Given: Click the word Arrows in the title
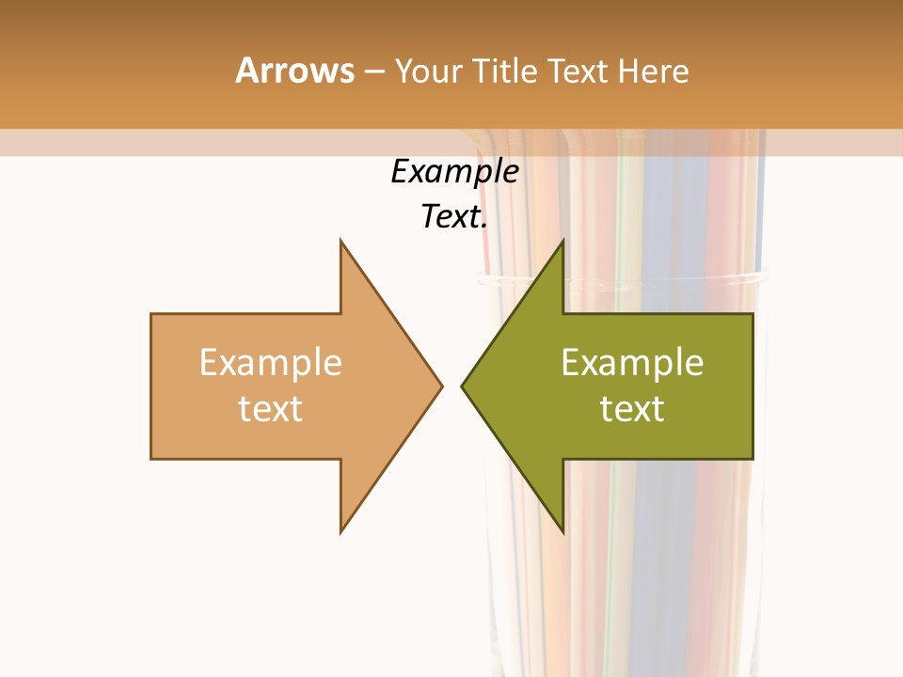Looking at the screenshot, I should click(x=294, y=71).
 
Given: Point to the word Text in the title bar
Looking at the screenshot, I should click(x=579, y=71).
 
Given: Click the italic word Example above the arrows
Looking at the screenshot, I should click(x=454, y=172).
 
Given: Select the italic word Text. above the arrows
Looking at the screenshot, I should click(x=454, y=217).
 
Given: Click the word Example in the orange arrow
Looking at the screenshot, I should click(x=271, y=363).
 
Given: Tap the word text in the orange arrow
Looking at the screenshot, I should click(x=271, y=409).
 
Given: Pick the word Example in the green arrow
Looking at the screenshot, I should click(x=632, y=363).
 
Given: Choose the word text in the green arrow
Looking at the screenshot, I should click(x=632, y=409).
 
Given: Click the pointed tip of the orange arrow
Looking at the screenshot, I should click(x=442, y=386).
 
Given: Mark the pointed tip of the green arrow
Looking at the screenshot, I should click(x=462, y=386).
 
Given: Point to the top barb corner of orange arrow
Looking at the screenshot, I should click(x=341, y=240).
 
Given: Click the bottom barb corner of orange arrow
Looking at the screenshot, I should click(x=341, y=532).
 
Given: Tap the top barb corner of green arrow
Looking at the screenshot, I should click(x=562, y=240).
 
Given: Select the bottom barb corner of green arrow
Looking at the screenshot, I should click(x=562, y=532).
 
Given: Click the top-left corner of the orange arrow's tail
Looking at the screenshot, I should click(x=151, y=314).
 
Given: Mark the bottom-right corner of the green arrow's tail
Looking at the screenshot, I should click(x=752, y=459).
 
